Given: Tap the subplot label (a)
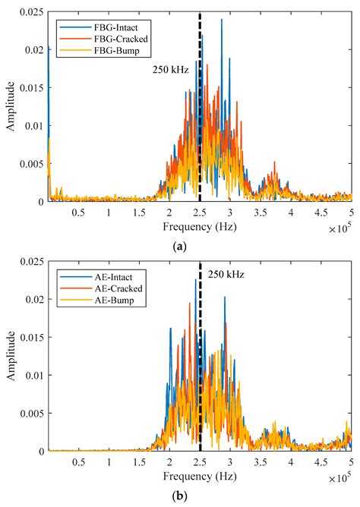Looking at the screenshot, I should tap(180, 245).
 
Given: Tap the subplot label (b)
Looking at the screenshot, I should tap(180, 495).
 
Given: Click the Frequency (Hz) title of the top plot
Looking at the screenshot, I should tap(200, 225).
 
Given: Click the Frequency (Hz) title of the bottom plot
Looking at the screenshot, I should tap(200, 474).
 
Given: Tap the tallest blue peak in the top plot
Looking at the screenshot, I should tap(222, 20).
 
